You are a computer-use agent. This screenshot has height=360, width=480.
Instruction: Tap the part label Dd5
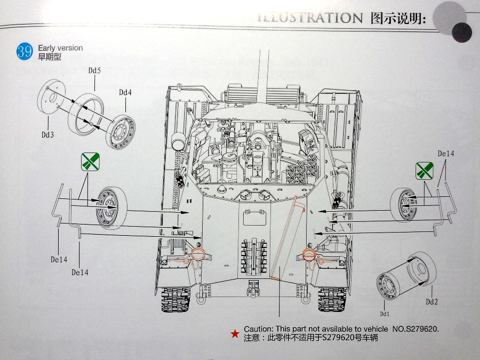(95, 70)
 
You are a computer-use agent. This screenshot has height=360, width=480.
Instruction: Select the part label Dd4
(125, 92)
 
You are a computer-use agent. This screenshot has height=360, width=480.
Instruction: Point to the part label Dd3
(48, 135)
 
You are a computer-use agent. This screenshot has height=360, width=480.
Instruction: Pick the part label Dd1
(385, 314)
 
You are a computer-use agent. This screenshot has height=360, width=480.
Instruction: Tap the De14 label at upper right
(445, 154)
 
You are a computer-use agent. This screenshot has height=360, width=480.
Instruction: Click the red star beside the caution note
(235, 334)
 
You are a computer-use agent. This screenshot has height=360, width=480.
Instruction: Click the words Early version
(60, 48)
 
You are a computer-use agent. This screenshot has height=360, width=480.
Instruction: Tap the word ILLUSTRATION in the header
(310, 18)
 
